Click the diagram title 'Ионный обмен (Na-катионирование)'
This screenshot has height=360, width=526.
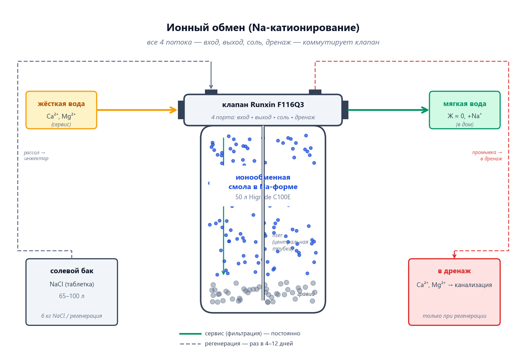tap(263, 28)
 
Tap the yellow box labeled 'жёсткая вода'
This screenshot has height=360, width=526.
tap(61, 110)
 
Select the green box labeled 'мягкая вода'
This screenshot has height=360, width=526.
tap(465, 110)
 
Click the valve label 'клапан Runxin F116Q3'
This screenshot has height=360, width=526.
tap(263, 105)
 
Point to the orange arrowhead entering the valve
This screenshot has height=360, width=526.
tap(174, 110)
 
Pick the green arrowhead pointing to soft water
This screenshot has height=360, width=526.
tap(425, 110)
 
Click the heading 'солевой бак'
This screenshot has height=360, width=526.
tap(72, 271)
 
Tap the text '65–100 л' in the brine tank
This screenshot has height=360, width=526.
tap(72, 296)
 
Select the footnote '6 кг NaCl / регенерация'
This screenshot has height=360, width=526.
tap(72, 316)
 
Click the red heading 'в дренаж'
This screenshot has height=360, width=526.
tap(454, 271)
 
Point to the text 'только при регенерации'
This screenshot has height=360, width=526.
tap(454, 316)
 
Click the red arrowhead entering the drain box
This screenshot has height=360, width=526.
tap(454, 256)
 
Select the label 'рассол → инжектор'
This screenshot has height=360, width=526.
tap(36, 156)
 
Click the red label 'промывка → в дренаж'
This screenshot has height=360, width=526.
tap(487, 156)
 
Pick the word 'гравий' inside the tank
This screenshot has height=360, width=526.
tap(306, 294)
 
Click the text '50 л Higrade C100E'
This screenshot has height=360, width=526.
tap(263, 197)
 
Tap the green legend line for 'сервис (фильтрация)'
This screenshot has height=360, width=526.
tap(190, 334)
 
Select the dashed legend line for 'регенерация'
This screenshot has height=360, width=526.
tap(190, 344)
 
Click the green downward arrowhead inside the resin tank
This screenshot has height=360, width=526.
tap(223, 273)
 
